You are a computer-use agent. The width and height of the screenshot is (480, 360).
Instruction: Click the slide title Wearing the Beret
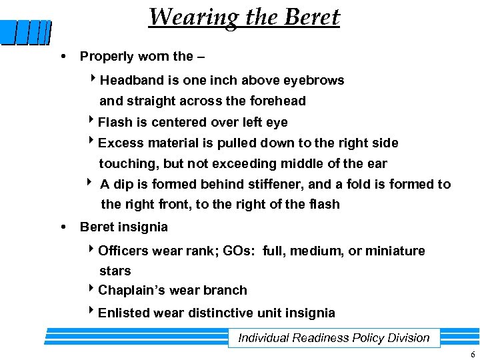244,17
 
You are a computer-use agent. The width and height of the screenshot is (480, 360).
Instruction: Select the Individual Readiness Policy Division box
334,338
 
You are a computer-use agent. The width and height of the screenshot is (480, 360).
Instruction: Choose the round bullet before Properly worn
63,57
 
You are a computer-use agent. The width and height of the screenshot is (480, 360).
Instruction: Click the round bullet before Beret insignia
63,227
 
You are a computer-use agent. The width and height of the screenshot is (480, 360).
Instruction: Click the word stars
115,271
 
